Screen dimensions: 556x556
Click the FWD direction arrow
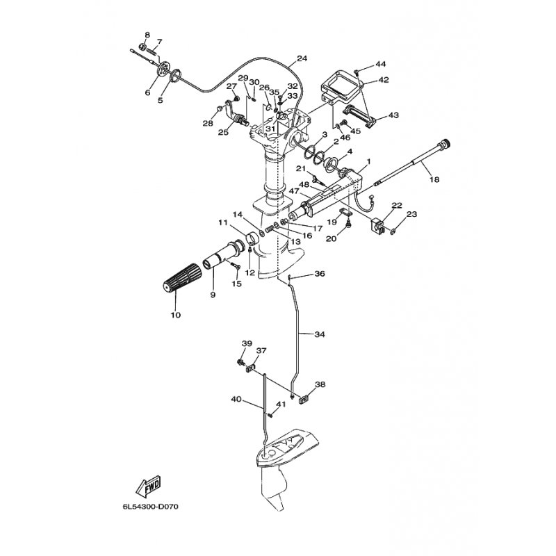coord(148,486)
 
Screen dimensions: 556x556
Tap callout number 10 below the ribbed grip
coord(176,315)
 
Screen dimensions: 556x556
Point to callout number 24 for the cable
coord(302,58)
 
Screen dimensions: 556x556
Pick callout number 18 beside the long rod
coord(434,180)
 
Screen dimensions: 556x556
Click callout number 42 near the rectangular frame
coord(384,80)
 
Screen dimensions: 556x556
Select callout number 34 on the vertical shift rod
coord(320,334)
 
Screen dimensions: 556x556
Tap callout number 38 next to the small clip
coord(320,384)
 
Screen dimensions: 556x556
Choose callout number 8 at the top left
coord(147,35)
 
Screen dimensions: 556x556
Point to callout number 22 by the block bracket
coord(397,205)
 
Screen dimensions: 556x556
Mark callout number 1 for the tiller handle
coord(369,162)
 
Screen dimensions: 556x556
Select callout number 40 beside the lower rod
coord(236,399)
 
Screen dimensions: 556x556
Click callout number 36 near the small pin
coord(320,274)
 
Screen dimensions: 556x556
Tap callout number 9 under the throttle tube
coord(213,295)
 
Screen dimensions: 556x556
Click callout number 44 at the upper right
coord(381,64)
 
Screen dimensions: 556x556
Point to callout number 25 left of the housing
coord(223,133)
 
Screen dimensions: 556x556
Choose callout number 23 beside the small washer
coord(412,214)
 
